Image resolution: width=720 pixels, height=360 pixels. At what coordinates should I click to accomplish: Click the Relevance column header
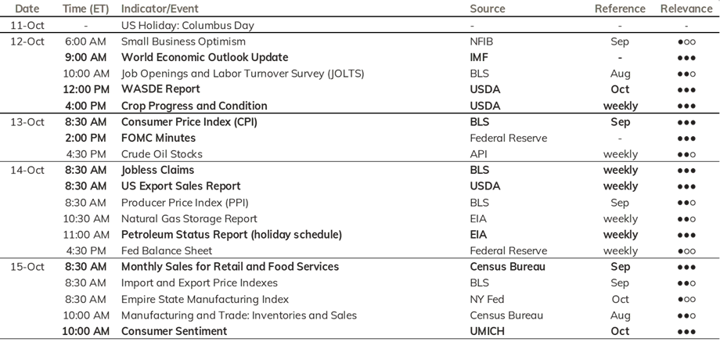(686, 9)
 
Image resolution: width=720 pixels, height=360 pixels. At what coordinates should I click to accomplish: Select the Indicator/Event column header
(160, 9)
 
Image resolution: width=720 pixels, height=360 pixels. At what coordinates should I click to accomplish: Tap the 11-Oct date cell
(27, 25)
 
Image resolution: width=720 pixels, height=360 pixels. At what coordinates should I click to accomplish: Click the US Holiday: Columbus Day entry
(187, 25)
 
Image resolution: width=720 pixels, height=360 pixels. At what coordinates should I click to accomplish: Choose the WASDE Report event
(160, 89)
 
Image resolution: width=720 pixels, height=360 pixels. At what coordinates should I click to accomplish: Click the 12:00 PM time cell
(85, 89)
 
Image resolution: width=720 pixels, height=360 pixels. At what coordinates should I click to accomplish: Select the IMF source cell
(479, 57)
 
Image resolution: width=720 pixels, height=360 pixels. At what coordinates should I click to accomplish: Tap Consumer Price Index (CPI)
(189, 122)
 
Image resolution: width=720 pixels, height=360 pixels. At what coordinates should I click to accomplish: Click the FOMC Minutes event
(158, 138)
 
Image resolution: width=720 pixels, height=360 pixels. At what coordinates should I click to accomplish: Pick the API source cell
(478, 154)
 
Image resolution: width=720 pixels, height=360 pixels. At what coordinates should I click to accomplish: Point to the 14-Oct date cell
(27, 170)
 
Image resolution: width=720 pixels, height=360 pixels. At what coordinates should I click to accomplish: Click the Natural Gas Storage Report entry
(189, 218)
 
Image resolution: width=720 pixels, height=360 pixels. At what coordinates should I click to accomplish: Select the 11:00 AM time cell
(86, 235)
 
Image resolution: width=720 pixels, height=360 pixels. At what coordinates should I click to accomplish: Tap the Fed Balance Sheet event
(167, 250)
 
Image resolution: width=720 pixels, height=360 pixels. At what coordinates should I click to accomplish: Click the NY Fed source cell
(487, 300)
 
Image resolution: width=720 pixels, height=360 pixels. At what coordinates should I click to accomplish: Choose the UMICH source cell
(487, 331)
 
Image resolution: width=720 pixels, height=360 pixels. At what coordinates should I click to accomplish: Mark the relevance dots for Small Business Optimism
(686, 41)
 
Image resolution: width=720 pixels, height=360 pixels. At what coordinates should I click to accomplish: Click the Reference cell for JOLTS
(620, 74)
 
